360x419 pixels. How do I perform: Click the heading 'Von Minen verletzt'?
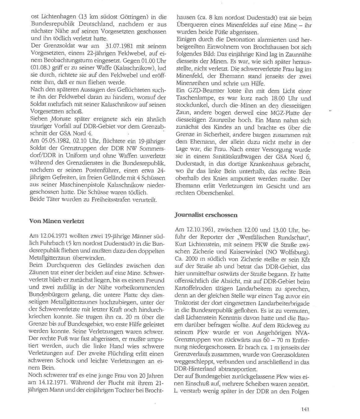click(x=57, y=221)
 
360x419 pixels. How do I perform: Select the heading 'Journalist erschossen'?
click(x=206, y=214)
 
